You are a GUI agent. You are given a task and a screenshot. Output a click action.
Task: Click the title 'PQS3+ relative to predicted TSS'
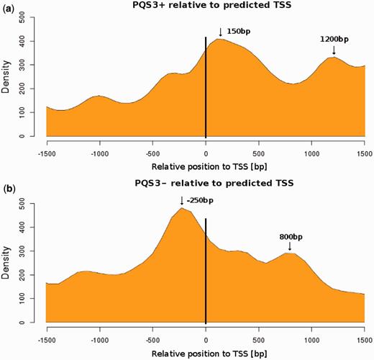pos(206,9)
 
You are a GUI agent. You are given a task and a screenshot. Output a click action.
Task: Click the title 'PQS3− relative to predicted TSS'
pos(206,183)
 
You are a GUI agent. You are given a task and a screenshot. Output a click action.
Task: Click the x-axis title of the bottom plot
pos(206,354)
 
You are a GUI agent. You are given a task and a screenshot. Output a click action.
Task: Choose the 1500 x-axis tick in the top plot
pos(363,153)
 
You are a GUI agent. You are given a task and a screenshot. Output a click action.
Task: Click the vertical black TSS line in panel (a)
pos(206,94)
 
